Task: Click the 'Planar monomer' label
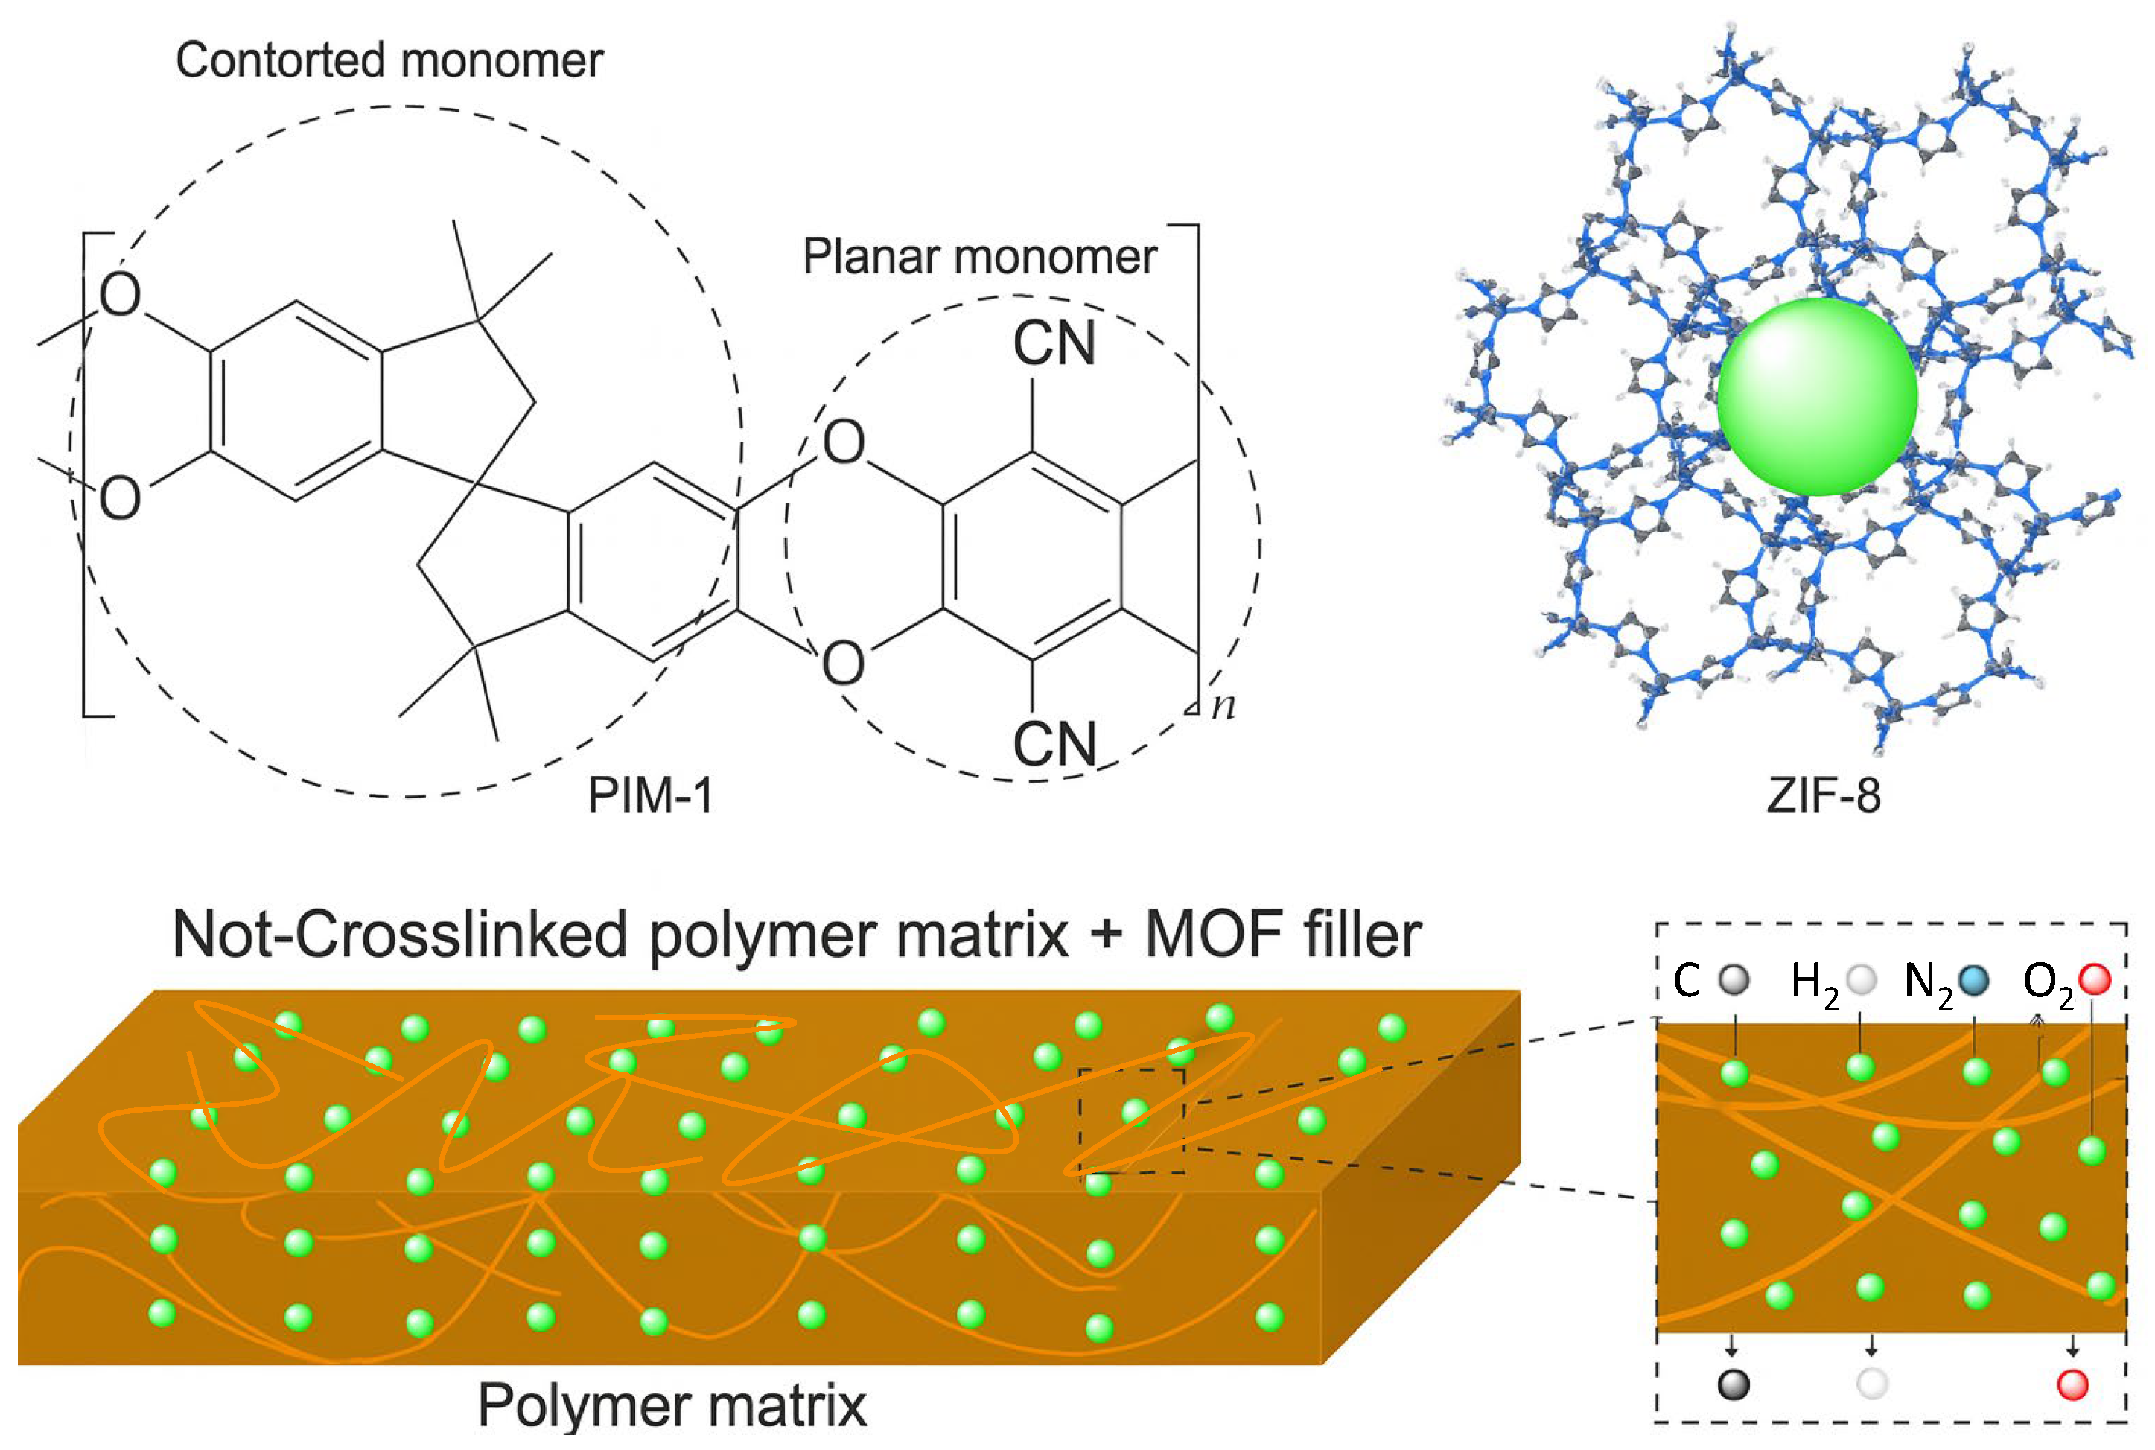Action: pos(978,256)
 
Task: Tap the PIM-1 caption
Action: pos(650,795)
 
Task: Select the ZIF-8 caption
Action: pos(1822,795)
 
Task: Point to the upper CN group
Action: pos(1053,343)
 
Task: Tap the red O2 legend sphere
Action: pos(2094,979)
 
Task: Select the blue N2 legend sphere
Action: pos(1974,979)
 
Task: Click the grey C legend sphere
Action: pos(1734,979)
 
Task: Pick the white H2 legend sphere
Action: pos(1860,979)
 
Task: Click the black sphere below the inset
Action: pos(1734,1384)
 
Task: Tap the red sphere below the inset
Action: pos(2073,1384)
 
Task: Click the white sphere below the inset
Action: pos(1872,1384)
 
